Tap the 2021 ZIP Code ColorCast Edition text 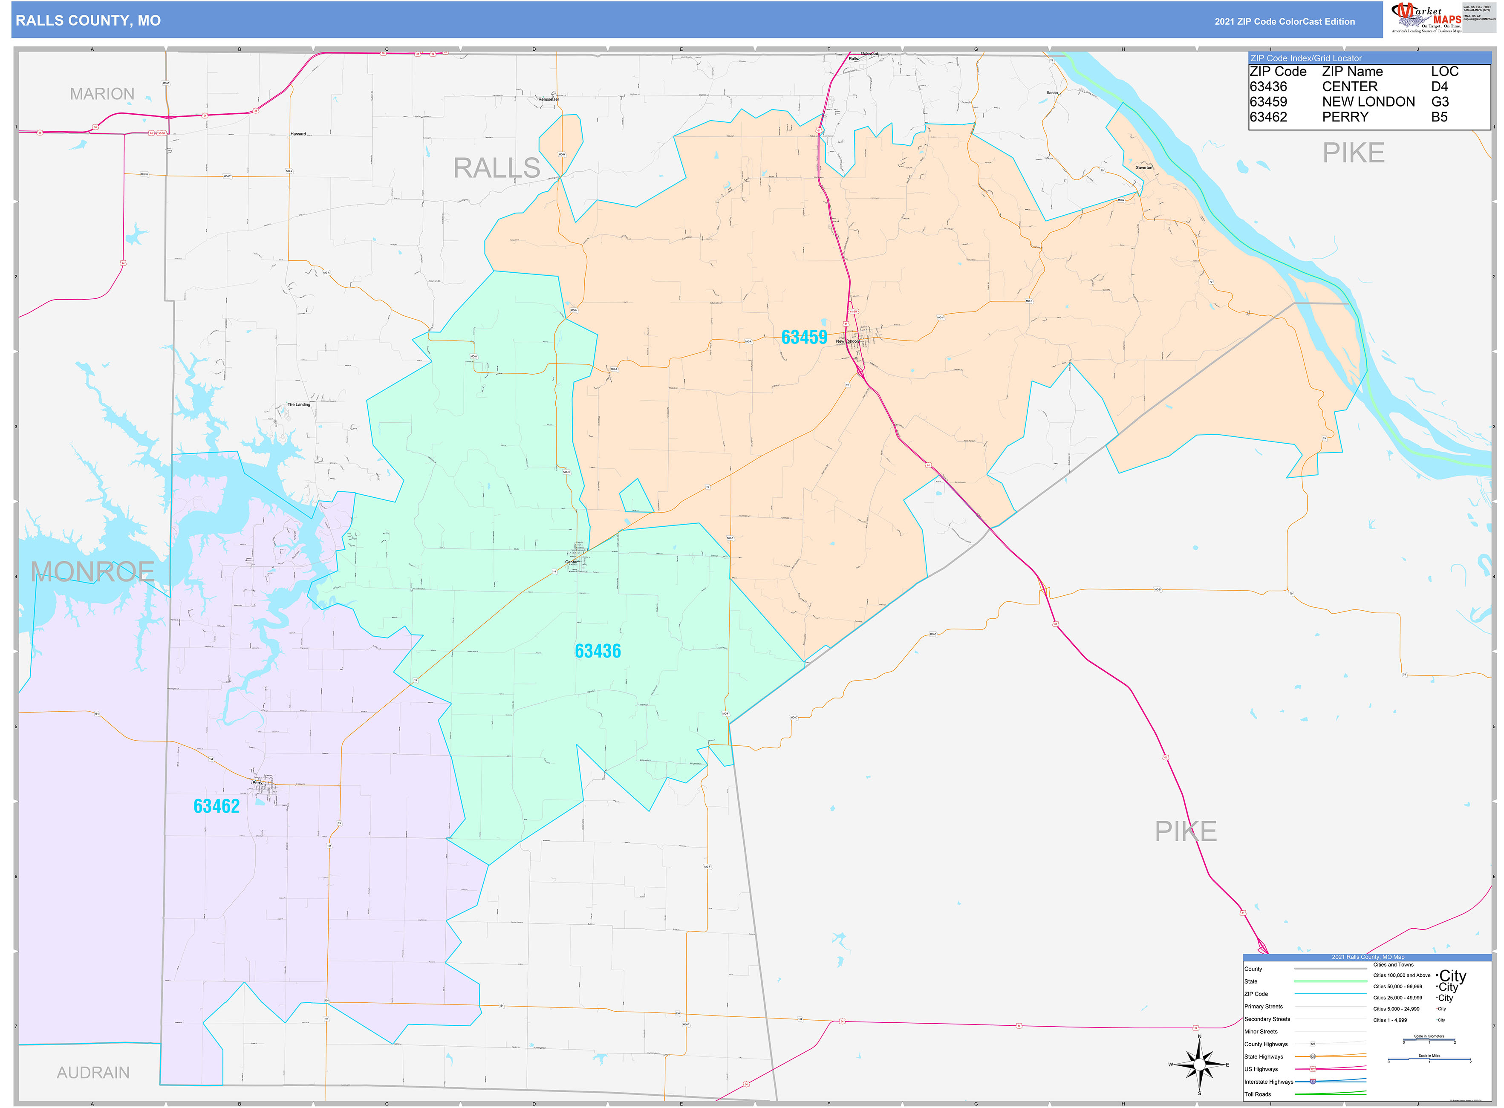coord(1284,21)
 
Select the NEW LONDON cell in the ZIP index coord(1368,102)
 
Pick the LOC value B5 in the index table coord(1438,117)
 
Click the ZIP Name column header coord(1352,72)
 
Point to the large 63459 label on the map coord(804,338)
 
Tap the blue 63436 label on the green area coord(597,651)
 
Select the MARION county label coord(102,94)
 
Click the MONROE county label coord(92,572)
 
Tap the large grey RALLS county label coord(497,167)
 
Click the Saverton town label coord(1144,167)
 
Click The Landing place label coord(298,404)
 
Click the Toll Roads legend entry coord(1258,1094)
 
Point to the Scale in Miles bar coord(1429,1060)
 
